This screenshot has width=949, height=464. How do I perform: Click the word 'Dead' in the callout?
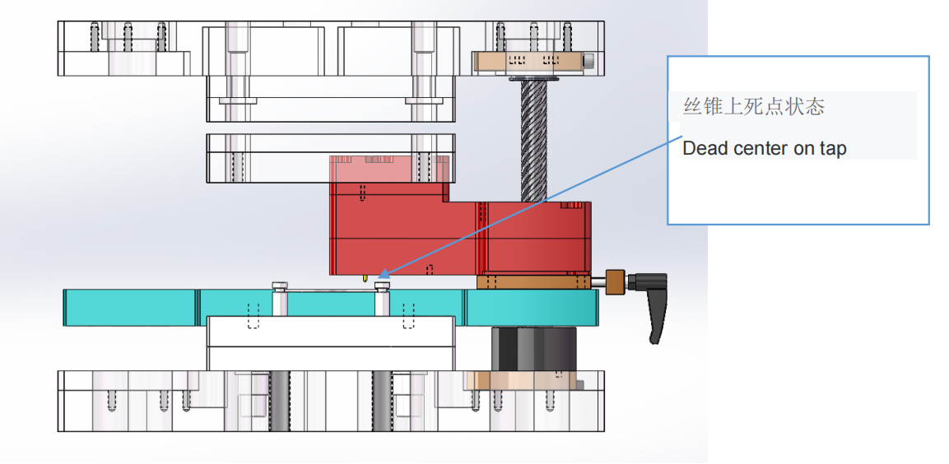pos(701,149)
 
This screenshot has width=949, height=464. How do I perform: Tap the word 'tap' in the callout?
pos(832,150)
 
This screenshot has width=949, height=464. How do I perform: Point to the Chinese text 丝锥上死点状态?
pos(754,107)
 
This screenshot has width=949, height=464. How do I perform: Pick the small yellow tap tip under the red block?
pos(363,279)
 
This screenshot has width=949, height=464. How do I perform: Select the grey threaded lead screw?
pos(533,141)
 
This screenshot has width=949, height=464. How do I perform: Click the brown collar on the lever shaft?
pos(615,282)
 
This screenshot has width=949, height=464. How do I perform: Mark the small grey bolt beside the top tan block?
pos(588,62)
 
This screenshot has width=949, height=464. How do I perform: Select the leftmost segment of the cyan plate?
pos(130,306)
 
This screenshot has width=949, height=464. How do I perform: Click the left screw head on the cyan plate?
pos(280,285)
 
